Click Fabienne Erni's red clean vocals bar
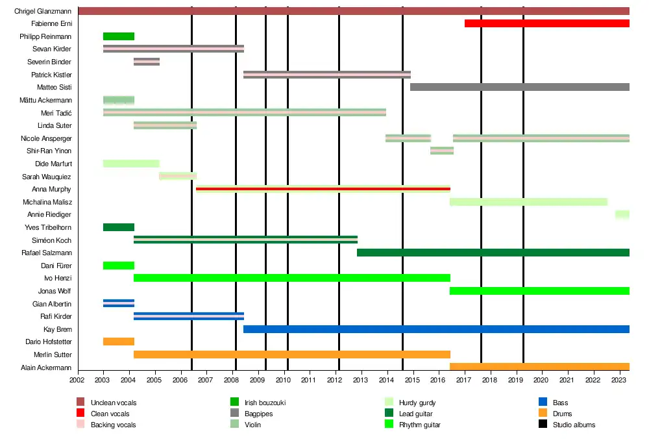tap(547, 23)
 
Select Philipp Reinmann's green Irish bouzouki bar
tap(119, 36)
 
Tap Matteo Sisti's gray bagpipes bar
tap(519, 87)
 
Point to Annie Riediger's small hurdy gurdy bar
tap(622, 214)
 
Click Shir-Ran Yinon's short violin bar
tap(442, 151)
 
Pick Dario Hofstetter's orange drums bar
tap(119, 342)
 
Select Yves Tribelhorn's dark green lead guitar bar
tap(119, 227)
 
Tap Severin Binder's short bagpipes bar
tap(147, 62)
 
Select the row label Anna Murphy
tap(51, 189)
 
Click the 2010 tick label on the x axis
tap(284, 380)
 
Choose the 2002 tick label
tap(77, 380)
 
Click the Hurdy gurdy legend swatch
tap(389, 403)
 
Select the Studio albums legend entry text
tap(574, 425)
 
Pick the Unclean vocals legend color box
tap(80, 403)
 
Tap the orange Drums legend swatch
tap(543, 414)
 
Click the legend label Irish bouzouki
tap(265, 403)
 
